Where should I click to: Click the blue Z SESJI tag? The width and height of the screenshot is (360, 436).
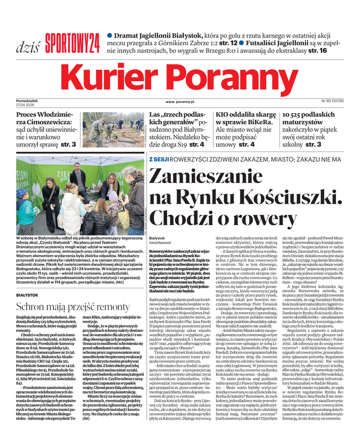point(160,159)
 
